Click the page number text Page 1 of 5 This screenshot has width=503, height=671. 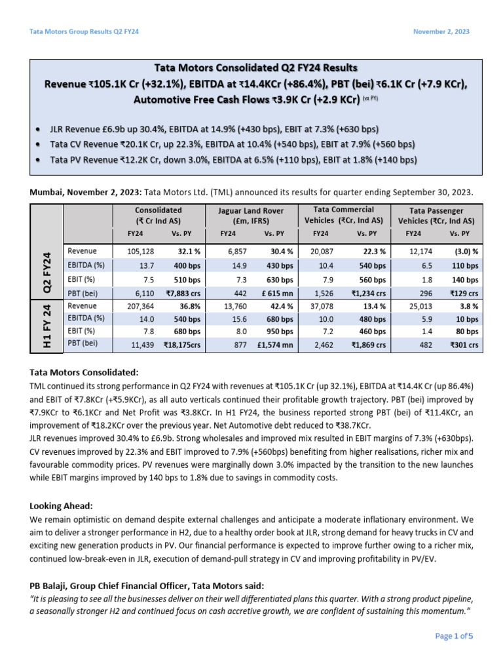click(x=454, y=636)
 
